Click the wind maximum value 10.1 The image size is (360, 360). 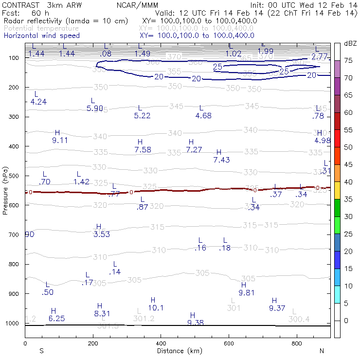click(x=156, y=308)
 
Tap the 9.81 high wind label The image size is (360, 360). click(x=247, y=293)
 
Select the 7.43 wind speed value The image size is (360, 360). click(x=221, y=160)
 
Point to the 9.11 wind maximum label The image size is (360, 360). click(x=59, y=141)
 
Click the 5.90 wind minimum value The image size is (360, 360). click(x=95, y=108)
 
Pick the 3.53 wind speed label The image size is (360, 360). click(x=102, y=235)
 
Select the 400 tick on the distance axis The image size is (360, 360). click(x=161, y=343)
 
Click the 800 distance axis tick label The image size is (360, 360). click(x=297, y=343)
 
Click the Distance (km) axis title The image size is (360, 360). click(x=178, y=351)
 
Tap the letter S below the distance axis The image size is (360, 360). click(x=41, y=351)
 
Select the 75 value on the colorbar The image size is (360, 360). click(x=348, y=61)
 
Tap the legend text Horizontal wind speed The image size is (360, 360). click(x=41, y=36)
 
